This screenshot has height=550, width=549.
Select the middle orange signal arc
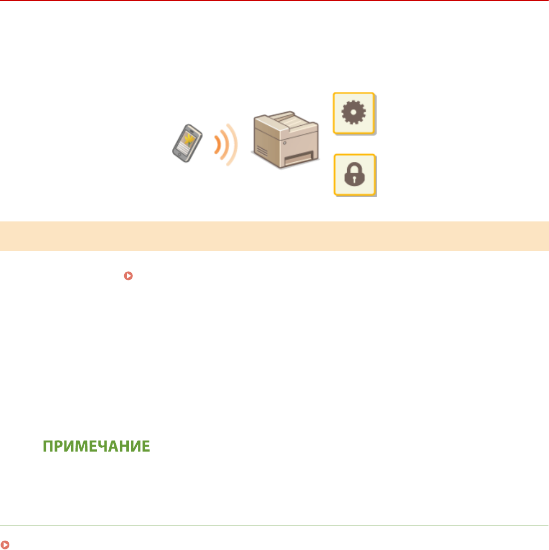click(x=225, y=144)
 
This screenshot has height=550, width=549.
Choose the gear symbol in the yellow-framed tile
click(x=354, y=113)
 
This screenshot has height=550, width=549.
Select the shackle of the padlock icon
click(x=354, y=167)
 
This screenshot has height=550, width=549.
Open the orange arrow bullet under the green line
click(x=5, y=545)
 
